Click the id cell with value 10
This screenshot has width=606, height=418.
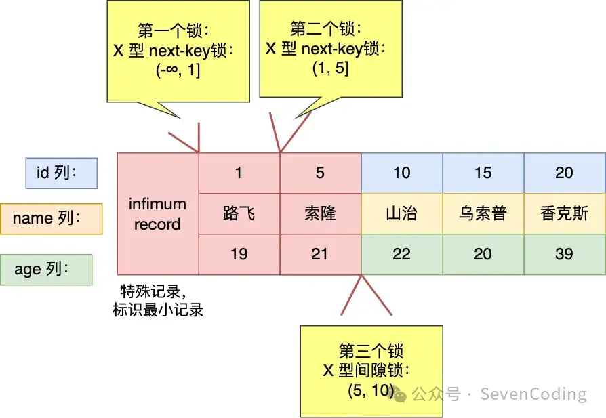(402, 173)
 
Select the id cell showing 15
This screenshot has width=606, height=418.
(483, 173)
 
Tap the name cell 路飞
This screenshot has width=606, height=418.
(239, 214)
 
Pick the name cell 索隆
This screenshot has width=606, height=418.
(320, 214)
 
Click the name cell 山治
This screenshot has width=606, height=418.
(402, 214)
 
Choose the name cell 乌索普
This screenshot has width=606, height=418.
(483, 214)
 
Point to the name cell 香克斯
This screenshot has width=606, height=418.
(565, 214)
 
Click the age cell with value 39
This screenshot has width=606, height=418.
(565, 254)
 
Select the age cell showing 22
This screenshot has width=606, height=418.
(402, 254)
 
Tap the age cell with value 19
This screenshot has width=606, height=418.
(239, 254)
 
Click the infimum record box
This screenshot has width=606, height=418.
(157, 214)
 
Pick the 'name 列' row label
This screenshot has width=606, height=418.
(52, 218)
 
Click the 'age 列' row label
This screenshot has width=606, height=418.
(46, 270)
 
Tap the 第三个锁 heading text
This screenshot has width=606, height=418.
(371, 351)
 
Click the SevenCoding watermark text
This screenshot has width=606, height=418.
(533, 394)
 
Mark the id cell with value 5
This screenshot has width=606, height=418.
(320, 173)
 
